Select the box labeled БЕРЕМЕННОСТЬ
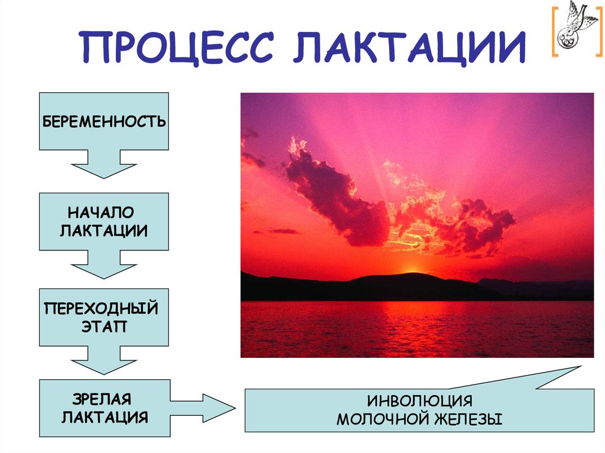click(104, 122)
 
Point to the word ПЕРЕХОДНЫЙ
click(102, 308)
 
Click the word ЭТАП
click(104, 327)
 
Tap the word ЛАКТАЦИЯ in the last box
click(104, 417)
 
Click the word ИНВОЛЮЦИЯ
click(419, 401)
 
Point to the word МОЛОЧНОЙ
click(383, 419)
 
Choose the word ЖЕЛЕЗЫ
click(470, 419)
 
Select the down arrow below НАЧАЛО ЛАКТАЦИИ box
click(104, 264)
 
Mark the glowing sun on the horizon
click(413, 269)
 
